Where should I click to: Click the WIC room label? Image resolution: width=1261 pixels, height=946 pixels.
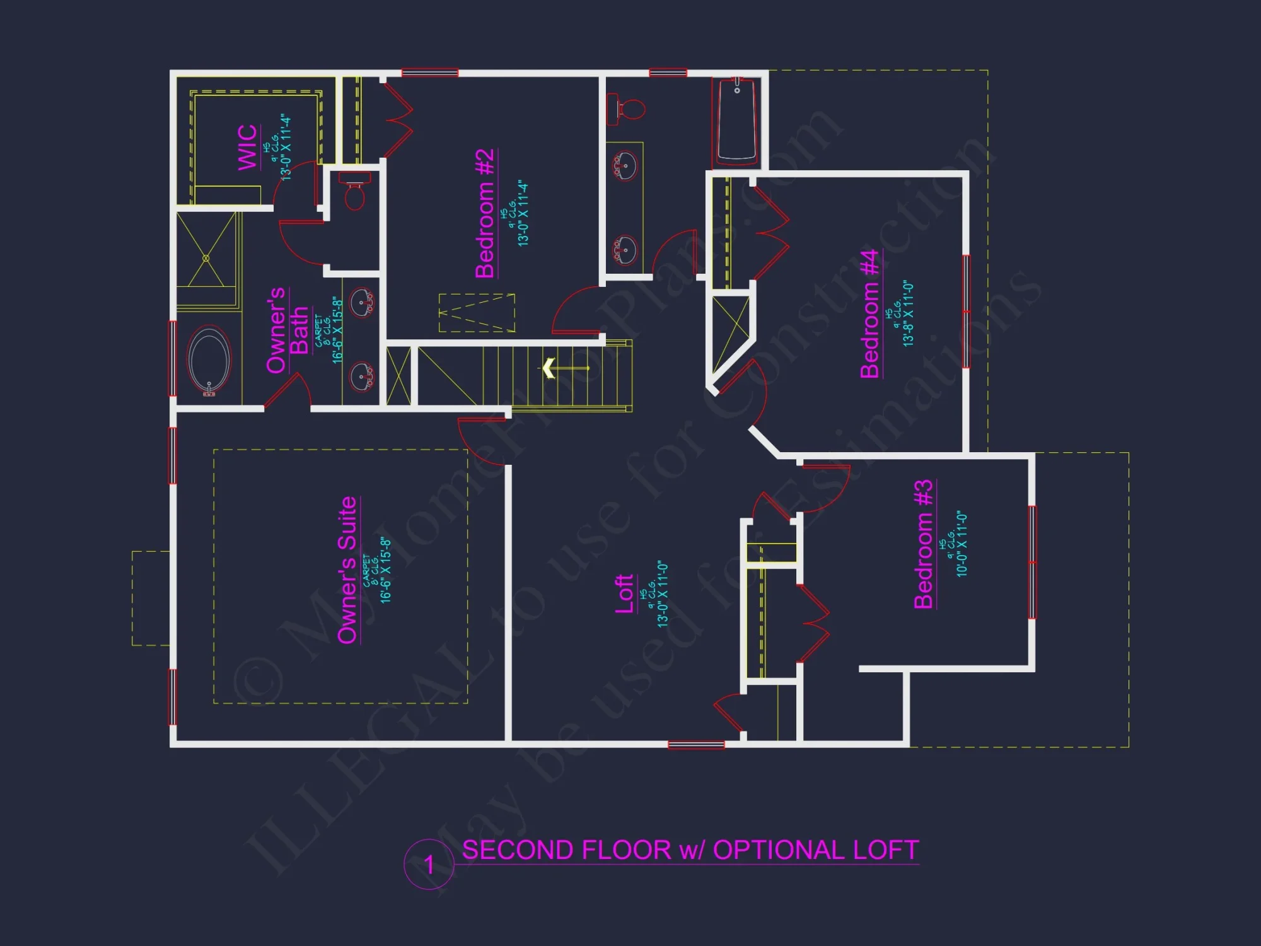pos(247,148)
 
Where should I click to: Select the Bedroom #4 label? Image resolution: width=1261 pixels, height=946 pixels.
pos(869,313)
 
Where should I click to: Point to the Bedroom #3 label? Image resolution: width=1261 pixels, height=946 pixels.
pos(923,544)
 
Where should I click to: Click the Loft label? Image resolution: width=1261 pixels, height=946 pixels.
pos(624,593)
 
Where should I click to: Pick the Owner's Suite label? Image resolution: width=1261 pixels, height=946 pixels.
pos(347,570)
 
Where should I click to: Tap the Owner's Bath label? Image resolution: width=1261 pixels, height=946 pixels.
pos(287,330)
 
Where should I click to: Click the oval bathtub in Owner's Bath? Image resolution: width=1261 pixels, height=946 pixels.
pos(209,360)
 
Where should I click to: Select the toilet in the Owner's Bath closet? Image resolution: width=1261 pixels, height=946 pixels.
pos(354,193)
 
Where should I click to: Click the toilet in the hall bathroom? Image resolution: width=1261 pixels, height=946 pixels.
pos(627,109)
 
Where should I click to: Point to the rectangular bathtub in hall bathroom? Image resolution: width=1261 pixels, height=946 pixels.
pos(736,121)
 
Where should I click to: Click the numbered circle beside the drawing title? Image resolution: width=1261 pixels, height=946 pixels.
pos(429,864)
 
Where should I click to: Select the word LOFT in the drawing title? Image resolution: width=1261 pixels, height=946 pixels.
pos(885,850)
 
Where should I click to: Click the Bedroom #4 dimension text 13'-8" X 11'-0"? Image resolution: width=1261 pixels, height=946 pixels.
pos(909,313)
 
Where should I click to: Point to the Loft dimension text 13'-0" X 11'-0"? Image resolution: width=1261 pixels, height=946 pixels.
pos(663,593)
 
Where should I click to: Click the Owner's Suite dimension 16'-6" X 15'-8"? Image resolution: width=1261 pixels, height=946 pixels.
pos(386,570)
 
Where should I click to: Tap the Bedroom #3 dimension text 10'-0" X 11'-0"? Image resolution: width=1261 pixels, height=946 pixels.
pos(962,544)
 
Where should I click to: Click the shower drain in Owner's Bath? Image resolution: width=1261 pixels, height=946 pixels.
pos(206,258)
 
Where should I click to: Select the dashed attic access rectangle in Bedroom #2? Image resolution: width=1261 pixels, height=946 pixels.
pos(477,313)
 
